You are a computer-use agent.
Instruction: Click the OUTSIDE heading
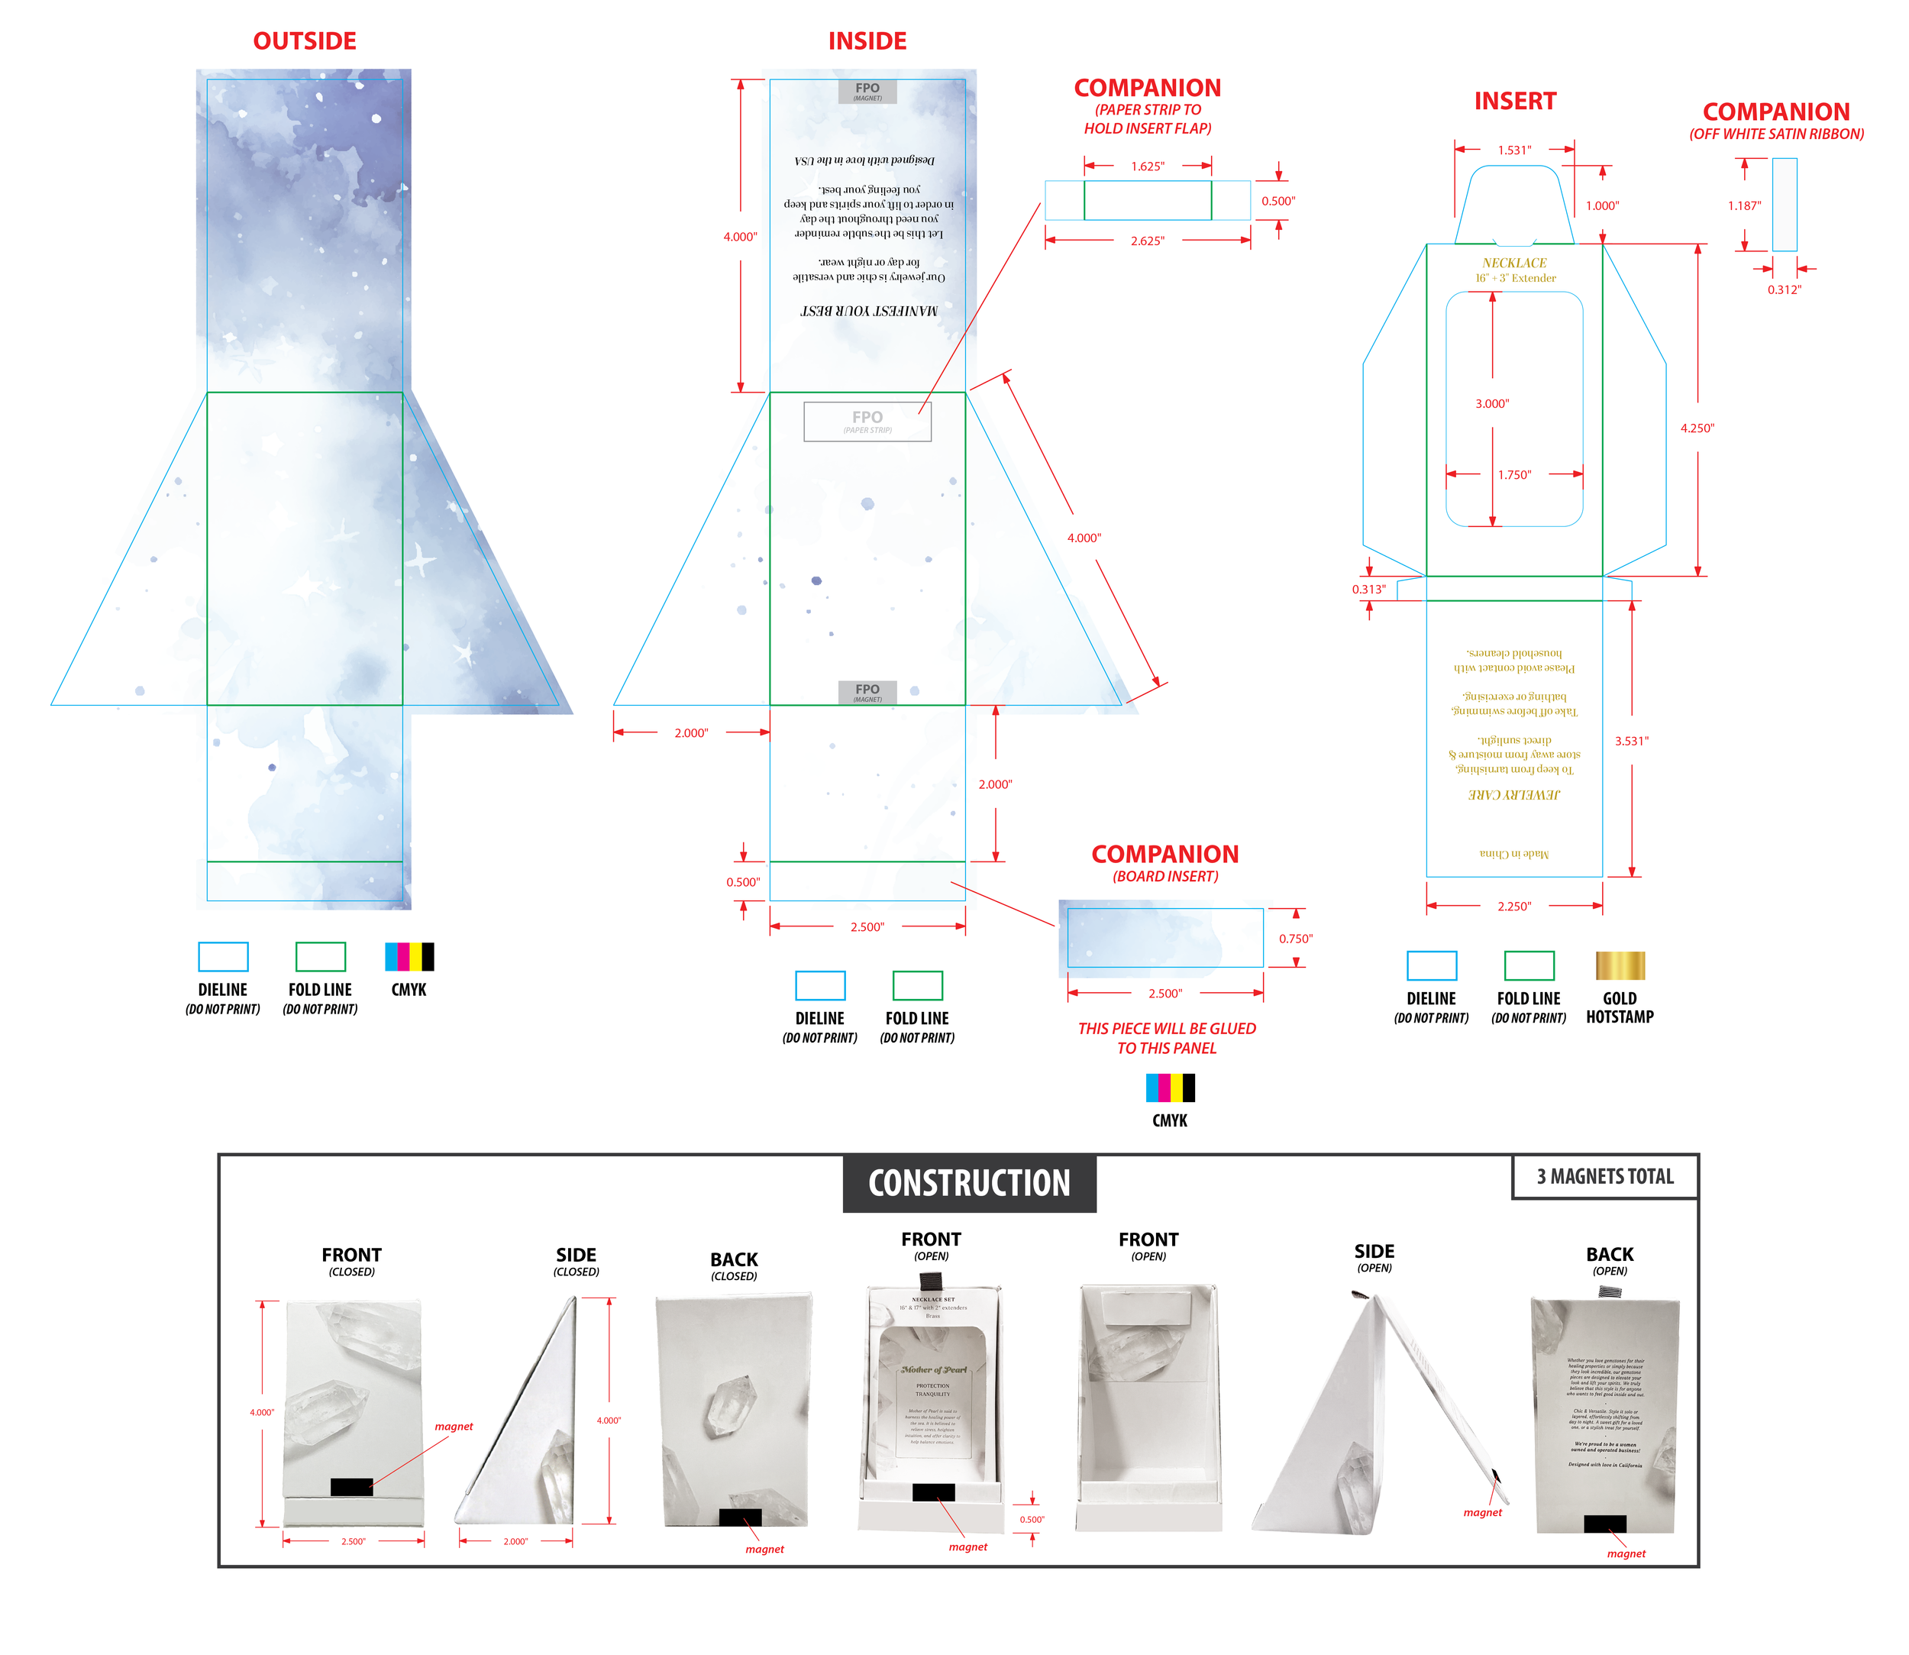pyautogui.click(x=305, y=41)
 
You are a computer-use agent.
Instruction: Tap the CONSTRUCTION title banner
pyautogui.click(x=969, y=1183)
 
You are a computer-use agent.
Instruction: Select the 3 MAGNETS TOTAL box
pyautogui.click(x=1604, y=1177)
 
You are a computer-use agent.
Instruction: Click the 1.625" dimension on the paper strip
pyautogui.click(x=1147, y=166)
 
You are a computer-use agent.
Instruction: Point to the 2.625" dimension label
pyautogui.click(x=1147, y=241)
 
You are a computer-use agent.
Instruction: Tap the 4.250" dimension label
pyautogui.click(x=1697, y=428)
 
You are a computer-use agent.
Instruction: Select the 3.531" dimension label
pyautogui.click(x=1631, y=741)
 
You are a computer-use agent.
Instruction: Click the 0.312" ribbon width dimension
pyautogui.click(x=1784, y=290)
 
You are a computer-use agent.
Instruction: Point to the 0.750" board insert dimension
pyautogui.click(x=1295, y=939)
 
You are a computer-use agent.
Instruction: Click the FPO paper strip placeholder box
pyautogui.click(x=867, y=421)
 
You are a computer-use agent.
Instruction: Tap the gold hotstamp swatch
pyautogui.click(x=1620, y=966)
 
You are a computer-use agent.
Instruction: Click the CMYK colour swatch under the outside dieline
pyautogui.click(x=409, y=957)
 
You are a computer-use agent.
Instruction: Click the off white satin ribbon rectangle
pyautogui.click(x=1784, y=204)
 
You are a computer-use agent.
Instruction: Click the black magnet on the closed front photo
pyautogui.click(x=351, y=1487)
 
